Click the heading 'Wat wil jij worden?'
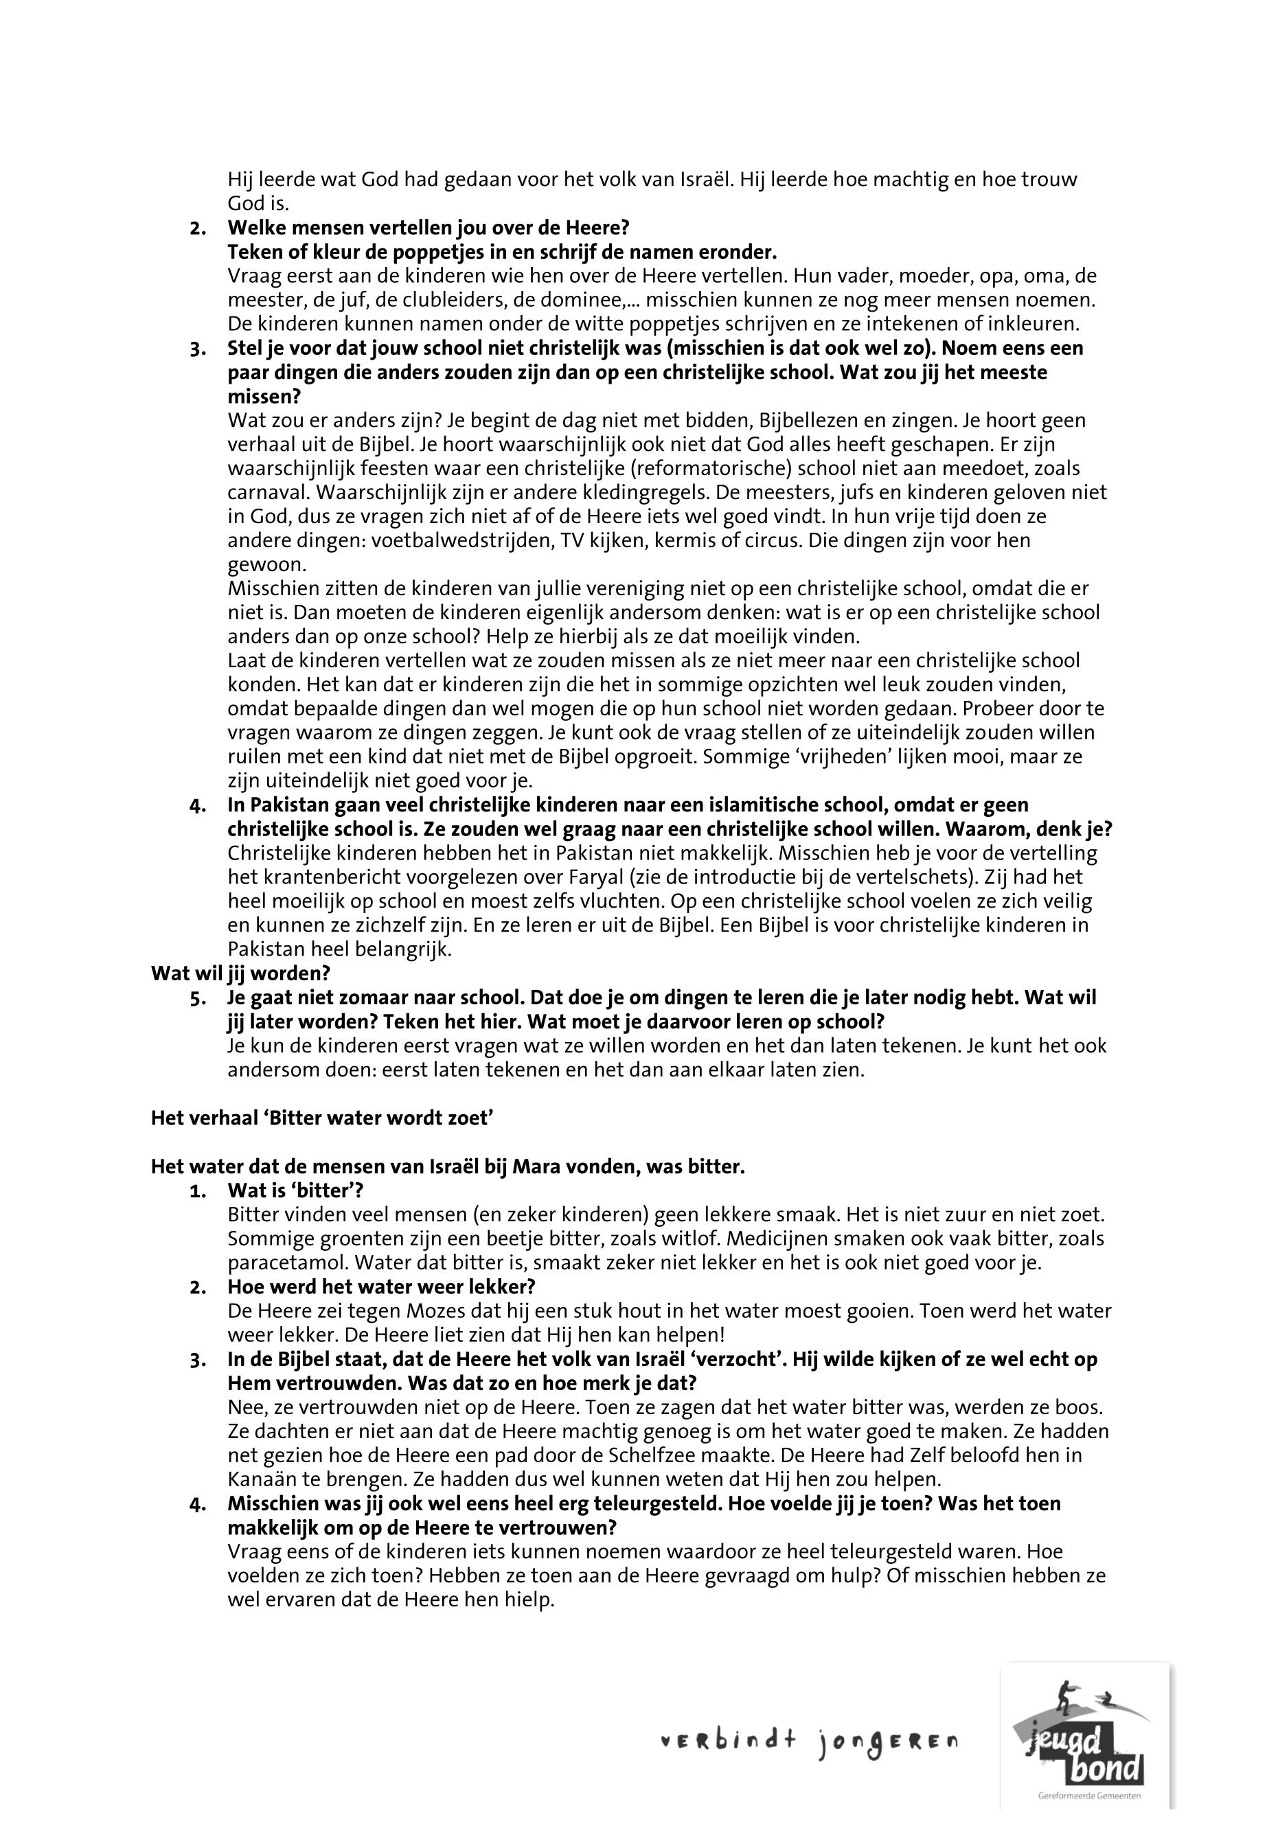point(240,973)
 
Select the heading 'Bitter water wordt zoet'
point(322,1118)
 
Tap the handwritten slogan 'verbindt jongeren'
point(809,1742)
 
